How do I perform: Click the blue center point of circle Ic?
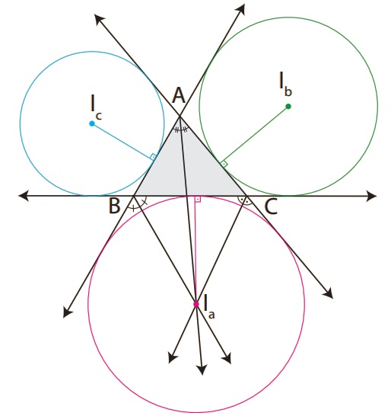click(92, 123)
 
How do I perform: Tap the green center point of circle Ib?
click(288, 107)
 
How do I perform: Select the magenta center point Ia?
click(196, 304)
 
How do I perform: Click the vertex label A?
click(179, 95)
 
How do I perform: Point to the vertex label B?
click(114, 206)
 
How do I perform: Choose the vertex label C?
click(271, 207)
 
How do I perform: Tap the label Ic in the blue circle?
click(96, 109)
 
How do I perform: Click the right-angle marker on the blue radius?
click(153, 157)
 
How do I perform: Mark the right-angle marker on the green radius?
click(224, 164)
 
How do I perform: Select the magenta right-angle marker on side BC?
click(198, 200)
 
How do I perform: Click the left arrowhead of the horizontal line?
click(24, 196)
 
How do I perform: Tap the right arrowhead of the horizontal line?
click(371, 196)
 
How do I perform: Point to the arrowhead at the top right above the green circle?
click(240, 9)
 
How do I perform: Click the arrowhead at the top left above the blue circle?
click(100, 19)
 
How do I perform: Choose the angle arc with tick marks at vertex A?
click(180, 130)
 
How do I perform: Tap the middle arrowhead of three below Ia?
click(202, 370)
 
